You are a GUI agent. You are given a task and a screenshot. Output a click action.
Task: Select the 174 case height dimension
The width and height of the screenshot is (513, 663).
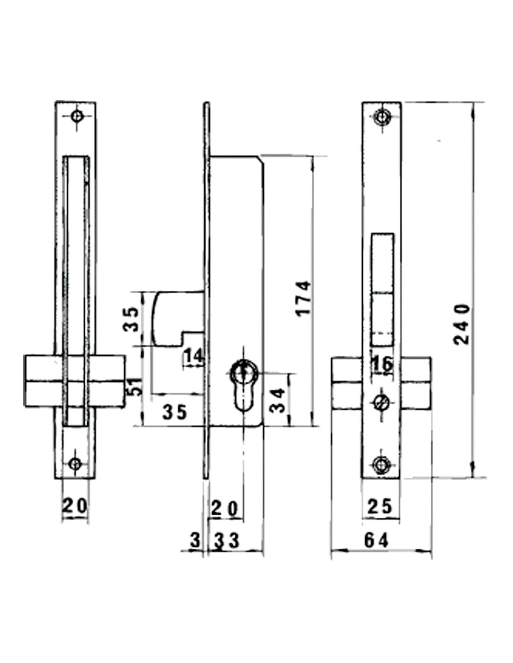[304, 299]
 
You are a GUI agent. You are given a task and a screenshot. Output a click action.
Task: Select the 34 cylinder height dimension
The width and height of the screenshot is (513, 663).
[277, 401]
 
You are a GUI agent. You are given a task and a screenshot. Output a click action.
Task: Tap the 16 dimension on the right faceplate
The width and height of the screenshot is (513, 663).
[382, 364]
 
